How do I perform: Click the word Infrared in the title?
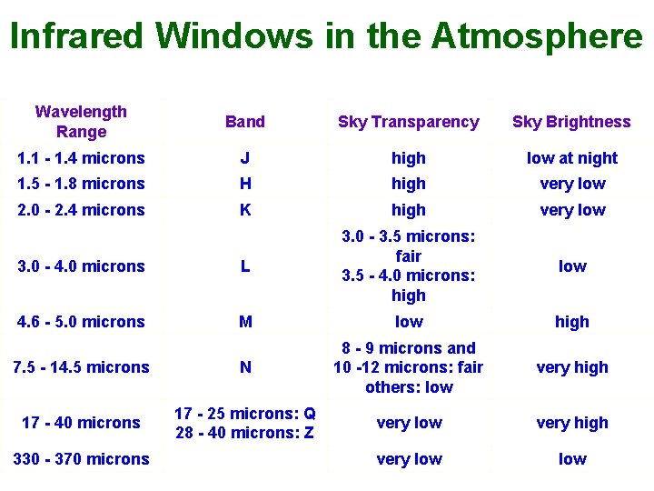pyautogui.click(x=76, y=36)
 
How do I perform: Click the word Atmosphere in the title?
pyautogui.click(x=537, y=36)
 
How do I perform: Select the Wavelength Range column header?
pyautogui.click(x=81, y=122)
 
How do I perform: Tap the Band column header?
pyautogui.click(x=245, y=122)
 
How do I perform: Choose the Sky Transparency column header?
pyautogui.click(x=408, y=122)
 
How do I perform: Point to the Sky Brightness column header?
pyautogui.click(x=571, y=122)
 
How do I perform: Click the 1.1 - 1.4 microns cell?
pyautogui.click(x=81, y=158)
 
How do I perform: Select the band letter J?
pyautogui.click(x=245, y=158)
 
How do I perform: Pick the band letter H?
pyautogui.click(x=245, y=184)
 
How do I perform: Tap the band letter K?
pyautogui.click(x=245, y=210)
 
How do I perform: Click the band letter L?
pyautogui.click(x=245, y=266)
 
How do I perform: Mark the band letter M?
pyautogui.click(x=245, y=322)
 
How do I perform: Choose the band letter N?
pyautogui.click(x=245, y=367)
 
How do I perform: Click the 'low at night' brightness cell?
pyautogui.click(x=571, y=158)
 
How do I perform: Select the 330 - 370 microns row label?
pyautogui.click(x=81, y=459)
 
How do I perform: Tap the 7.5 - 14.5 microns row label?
pyautogui.click(x=81, y=367)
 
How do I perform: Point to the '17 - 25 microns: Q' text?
pyautogui.click(x=245, y=413)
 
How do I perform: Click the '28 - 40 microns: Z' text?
pyautogui.click(x=245, y=433)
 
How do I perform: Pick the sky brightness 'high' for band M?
pyautogui.click(x=571, y=322)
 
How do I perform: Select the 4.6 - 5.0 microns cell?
pyautogui.click(x=81, y=322)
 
